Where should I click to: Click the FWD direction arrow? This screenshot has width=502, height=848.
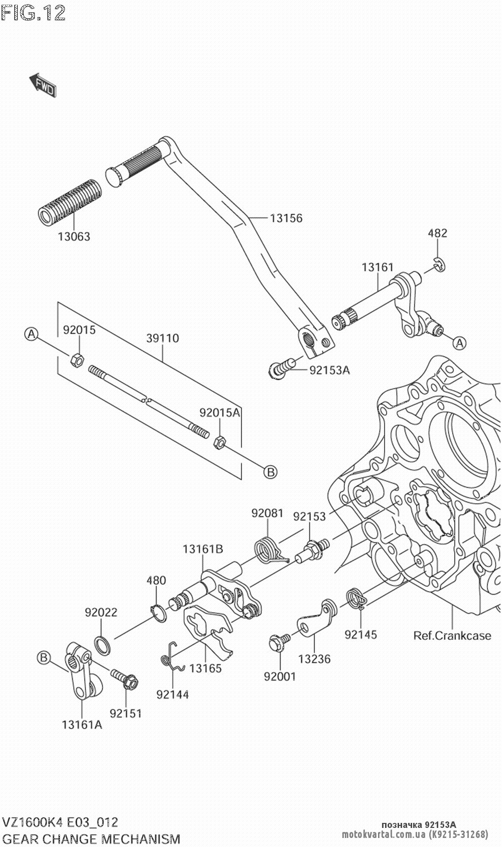point(43,84)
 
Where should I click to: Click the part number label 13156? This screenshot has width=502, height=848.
point(286,218)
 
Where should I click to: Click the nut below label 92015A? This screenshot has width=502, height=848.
point(220,442)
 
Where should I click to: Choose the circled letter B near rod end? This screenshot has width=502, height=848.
point(270,472)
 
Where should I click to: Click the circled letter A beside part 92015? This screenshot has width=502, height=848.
point(31,334)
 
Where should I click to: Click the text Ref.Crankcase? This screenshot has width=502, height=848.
point(452,636)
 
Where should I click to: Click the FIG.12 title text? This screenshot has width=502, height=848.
point(33,14)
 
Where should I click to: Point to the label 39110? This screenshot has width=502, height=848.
point(162,338)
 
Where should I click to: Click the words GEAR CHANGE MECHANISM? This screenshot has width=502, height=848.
point(91,839)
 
